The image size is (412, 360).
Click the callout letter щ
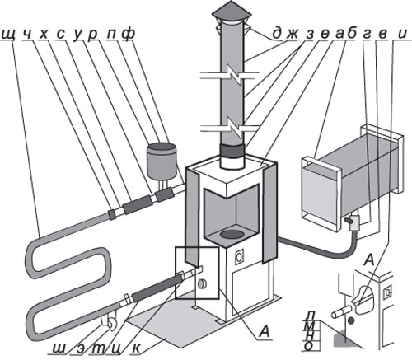tap(8, 35)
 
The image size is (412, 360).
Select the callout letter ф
tap(129, 34)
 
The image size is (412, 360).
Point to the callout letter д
tap(277, 34)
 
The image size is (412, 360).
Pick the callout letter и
tap(402, 34)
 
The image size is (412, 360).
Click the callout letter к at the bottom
tap(137, 348)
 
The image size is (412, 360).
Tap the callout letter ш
tap(59, 348)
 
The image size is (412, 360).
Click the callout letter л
tap(311, 315)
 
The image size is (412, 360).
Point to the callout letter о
tap(309, 347)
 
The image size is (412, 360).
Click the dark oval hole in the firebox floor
tap(232, 234)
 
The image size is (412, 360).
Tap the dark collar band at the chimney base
tap(232, 150)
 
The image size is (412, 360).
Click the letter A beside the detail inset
tap(369, 259)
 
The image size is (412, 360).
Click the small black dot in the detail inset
tap(350, 320)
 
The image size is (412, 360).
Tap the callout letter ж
tap(293, 34)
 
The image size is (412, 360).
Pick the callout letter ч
tap(27, 34)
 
